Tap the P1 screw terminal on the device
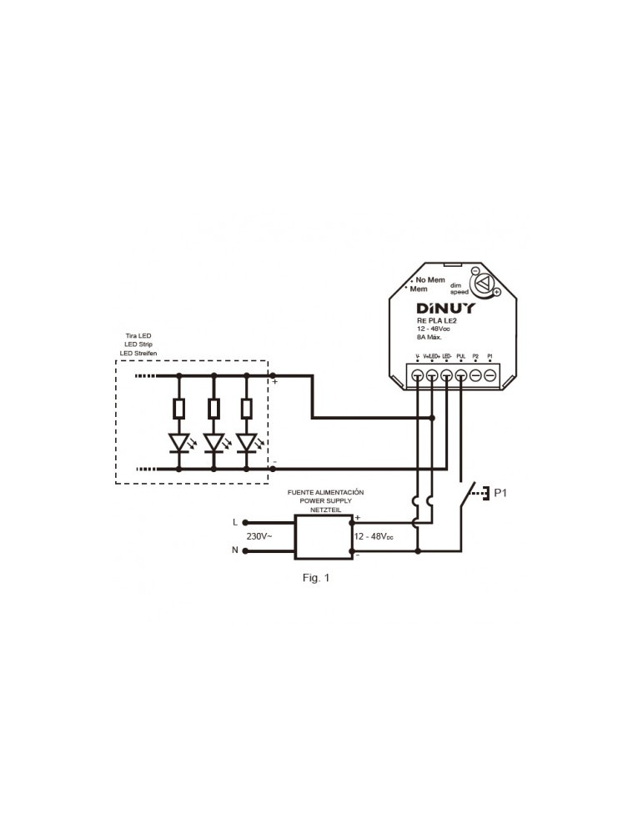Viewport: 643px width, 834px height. click(x=490, y=377)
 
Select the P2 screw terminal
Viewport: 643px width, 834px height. click(x=475, y=377)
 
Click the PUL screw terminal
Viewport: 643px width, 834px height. click(x=460, y=377)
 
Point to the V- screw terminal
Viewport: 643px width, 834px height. click(x=417, y=377)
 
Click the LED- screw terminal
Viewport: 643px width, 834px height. click(x=446, y=377)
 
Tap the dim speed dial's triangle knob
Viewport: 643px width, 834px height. click(x=482, y=284)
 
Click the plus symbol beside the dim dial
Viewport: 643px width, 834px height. click(x=496, y=292)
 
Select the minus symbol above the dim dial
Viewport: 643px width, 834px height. click(x=475, y=271)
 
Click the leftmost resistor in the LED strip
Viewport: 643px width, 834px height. click(x=179, y=409)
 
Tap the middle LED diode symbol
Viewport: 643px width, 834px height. click(x=214, y=442)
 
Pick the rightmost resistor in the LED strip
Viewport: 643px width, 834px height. click(x=246, y=409)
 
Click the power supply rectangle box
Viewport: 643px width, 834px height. click(x=324, y=536)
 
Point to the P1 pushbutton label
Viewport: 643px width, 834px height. click(x=500, y=493)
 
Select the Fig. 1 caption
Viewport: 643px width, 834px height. click(x=316, y=577)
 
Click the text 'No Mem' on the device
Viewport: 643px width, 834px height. click(x=430, y=279)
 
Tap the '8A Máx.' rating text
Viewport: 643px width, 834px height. click(x=429, y=337)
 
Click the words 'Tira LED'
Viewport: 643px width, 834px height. click(x=138, y=335)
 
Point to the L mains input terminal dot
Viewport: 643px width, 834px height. click(x=244, y=523)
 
